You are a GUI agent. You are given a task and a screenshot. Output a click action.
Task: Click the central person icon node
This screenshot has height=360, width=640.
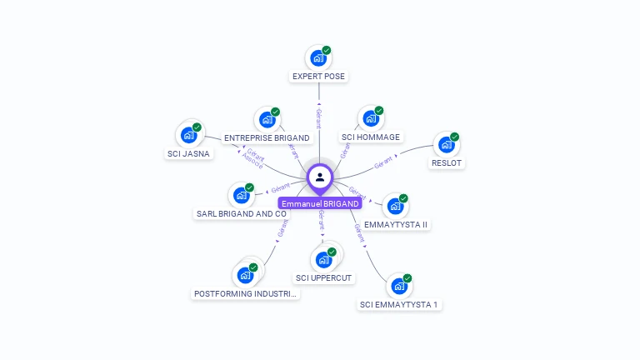[320, 177]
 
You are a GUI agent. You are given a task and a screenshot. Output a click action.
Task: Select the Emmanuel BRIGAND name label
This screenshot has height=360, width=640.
[320, 204]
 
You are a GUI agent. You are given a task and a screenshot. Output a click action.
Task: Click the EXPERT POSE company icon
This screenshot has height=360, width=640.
[317, 58]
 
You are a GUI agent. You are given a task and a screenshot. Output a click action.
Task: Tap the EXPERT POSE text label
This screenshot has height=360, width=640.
[318, 77]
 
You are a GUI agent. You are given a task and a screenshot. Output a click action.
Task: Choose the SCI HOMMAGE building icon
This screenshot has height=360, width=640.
[371, 119]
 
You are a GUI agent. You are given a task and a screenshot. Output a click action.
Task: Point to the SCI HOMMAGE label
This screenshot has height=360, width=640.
[371, 137]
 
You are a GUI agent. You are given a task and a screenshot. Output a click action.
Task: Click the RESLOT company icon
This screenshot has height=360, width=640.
[447, 145]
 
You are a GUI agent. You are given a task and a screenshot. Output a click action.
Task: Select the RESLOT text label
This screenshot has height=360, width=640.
[447, 163]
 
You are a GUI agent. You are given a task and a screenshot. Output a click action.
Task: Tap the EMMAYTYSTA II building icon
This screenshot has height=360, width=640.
[395, 207]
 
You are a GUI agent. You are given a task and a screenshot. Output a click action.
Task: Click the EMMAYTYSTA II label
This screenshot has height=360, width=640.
[396, 225]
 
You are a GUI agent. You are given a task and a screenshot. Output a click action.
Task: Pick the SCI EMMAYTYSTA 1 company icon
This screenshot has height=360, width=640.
[399, 287]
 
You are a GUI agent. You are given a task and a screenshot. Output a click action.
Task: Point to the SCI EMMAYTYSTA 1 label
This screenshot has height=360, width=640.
[399, 305]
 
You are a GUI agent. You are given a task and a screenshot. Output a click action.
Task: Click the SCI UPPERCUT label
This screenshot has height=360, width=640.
[324, 278]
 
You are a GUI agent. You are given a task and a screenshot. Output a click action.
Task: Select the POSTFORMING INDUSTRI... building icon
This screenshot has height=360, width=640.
[245, 275]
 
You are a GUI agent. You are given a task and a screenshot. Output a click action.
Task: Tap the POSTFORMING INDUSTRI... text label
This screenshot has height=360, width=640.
[246, 294]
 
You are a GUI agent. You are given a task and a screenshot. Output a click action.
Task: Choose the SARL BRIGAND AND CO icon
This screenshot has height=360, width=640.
[241, 196]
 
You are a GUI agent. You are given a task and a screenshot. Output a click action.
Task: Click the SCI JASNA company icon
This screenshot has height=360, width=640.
[189, 135]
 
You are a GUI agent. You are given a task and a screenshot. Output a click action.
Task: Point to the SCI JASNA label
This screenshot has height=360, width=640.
[189, 154]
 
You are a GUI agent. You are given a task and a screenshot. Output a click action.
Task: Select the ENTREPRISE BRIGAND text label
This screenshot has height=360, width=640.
[267, 138]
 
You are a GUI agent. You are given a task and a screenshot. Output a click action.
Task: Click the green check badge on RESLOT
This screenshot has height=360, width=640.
[455, 137]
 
